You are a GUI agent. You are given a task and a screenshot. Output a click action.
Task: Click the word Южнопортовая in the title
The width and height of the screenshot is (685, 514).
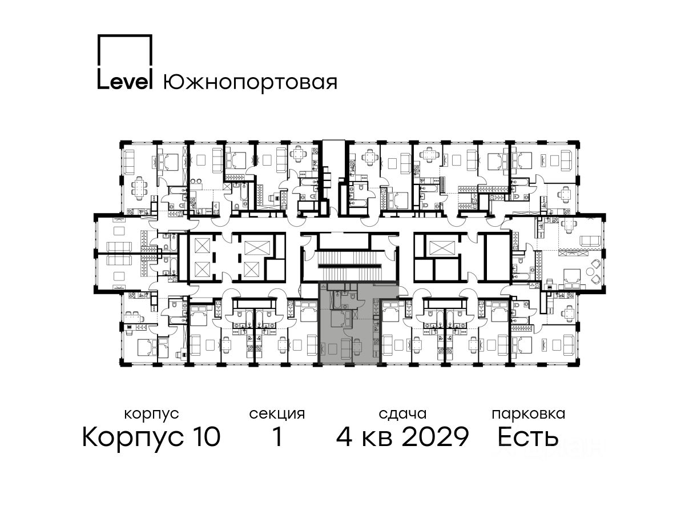pos(250,82)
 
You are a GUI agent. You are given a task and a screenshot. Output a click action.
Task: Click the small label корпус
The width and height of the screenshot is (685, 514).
pos(151,415)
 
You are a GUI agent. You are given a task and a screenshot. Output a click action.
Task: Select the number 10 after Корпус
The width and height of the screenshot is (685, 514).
pos(205,436)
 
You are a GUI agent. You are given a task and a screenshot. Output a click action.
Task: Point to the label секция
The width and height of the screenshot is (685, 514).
pos(277,415)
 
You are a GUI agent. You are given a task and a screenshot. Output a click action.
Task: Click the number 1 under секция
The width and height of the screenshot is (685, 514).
pos(277,436)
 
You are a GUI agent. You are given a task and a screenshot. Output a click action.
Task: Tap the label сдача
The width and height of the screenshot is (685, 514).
pos(402,414)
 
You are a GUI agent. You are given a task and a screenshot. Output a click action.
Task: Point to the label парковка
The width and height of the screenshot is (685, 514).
pos(529,414)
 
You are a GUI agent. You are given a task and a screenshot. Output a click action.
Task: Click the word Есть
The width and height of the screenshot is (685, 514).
pos(527,436)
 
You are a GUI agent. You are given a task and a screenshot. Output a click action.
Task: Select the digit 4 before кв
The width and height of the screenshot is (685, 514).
pos(345,436)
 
